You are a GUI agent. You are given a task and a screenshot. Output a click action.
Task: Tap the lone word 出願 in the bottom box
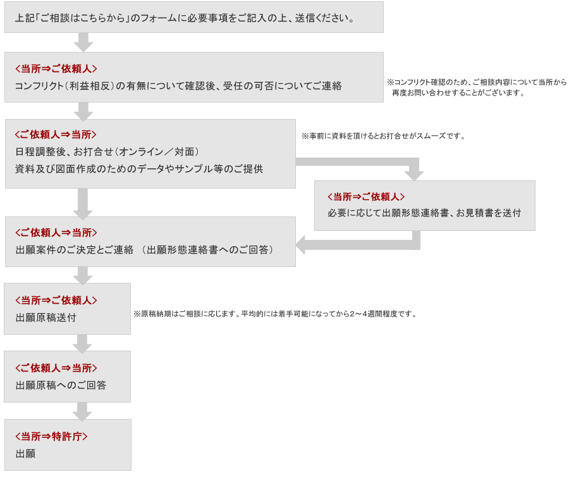tap(26, 453)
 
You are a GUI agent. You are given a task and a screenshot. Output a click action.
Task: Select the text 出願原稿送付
tap(46, 318)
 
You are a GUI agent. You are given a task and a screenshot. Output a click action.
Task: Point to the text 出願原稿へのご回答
tap(61, 385)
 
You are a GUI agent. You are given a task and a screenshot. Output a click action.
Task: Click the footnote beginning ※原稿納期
tap(275, 314)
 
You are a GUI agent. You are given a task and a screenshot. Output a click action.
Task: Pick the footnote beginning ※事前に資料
tap(383, 136)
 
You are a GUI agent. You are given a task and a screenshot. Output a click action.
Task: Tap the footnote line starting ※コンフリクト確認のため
tap(477, 82)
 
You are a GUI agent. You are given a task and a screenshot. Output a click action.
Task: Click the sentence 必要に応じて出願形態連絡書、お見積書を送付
tap(424, 213)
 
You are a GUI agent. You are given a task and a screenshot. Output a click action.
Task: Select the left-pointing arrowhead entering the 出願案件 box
tap(300, 245)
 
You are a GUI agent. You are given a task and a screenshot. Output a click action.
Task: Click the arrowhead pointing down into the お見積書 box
tap(413, 175)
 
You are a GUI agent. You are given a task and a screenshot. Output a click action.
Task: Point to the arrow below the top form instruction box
tap(83, 42)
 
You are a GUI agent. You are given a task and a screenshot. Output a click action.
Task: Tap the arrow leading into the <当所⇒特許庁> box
tap(82, 411)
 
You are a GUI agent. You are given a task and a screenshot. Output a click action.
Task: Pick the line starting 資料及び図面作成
tap(139, 168)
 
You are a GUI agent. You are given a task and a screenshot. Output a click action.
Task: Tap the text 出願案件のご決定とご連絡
tap(75, 249)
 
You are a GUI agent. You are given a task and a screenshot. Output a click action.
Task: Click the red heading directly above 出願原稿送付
tap(56, 301)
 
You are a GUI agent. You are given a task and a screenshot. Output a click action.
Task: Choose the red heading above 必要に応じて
tap(366, 197)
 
